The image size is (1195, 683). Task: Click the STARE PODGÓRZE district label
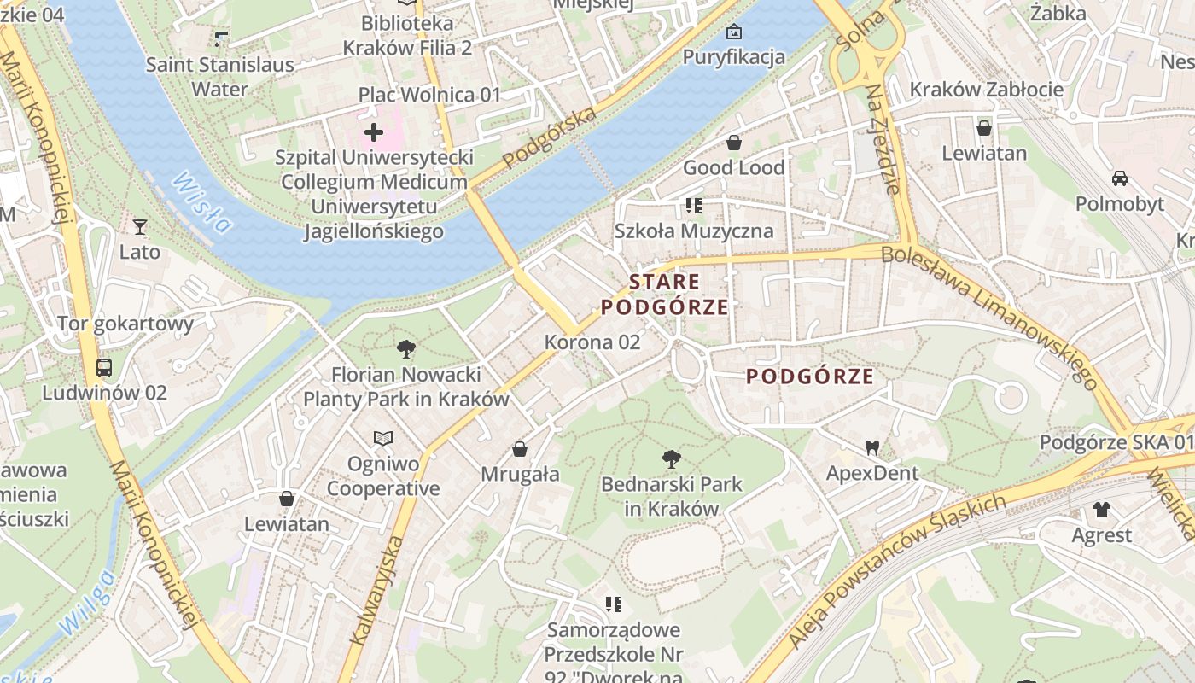tap(665, 294)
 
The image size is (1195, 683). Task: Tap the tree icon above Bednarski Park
tap(672, 458)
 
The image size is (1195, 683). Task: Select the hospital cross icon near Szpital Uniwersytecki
tap(374, 132)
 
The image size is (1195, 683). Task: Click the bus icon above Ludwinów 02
tap(104, 368)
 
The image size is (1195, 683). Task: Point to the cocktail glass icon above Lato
tap(140, 226)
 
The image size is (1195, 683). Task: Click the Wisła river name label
tap(201, 203)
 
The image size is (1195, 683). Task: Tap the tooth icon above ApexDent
tap(871, 447)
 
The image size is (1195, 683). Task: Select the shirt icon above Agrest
tap(1101, 510)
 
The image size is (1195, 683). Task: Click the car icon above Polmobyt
tap(1119, 178)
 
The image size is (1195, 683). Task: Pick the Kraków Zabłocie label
tap(986, 90)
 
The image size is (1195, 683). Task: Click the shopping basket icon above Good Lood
tap(733, 142)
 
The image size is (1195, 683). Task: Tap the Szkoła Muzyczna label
tap(694, 231)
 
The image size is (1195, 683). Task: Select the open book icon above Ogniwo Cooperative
tap(383, 438)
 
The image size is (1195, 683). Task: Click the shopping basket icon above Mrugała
tap(520, 448)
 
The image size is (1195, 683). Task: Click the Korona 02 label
tap(592, 342)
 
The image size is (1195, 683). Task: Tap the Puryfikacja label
tap(733, 57)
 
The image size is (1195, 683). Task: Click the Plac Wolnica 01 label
tap(429, 95)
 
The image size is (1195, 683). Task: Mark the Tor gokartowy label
tap(125, 324)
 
